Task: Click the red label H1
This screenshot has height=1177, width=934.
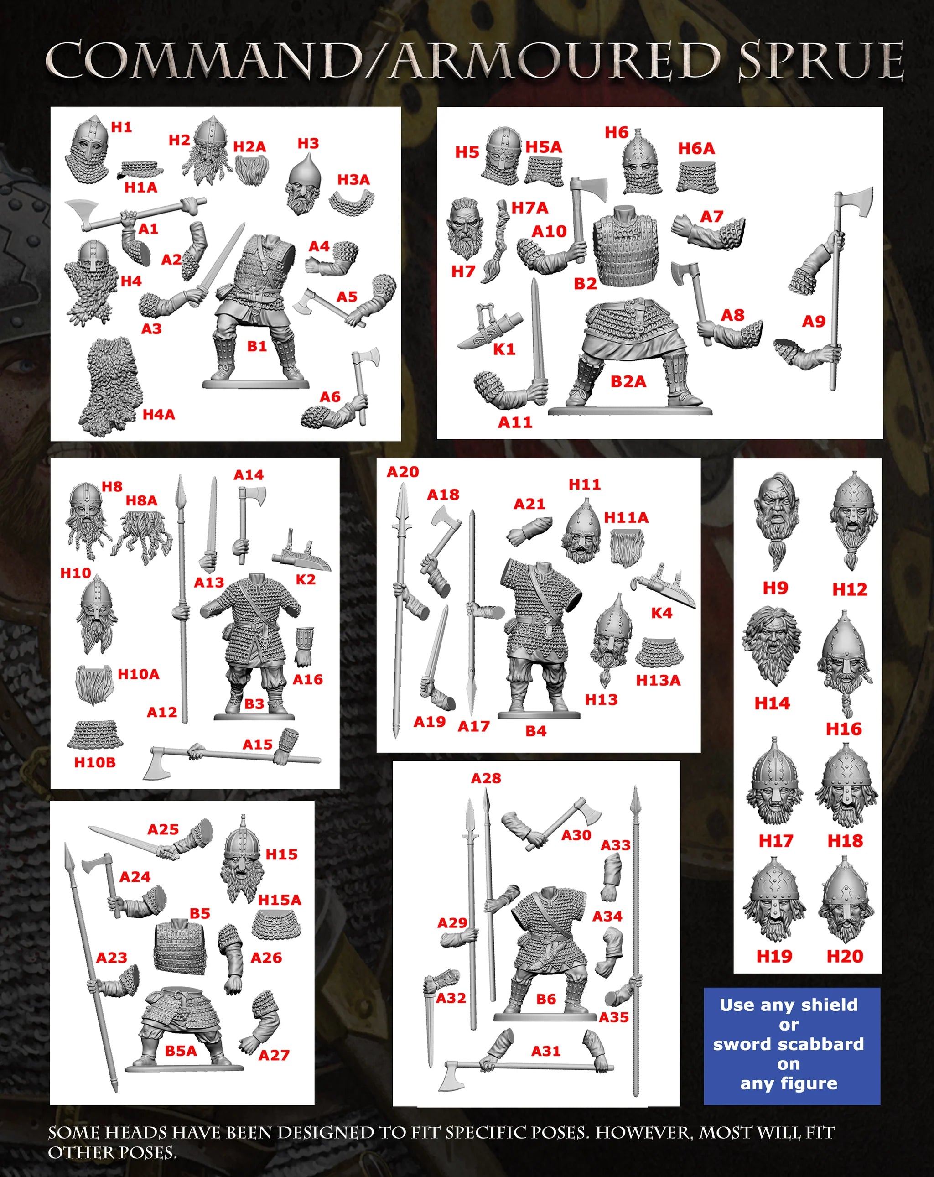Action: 121,127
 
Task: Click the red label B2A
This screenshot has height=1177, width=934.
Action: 628,381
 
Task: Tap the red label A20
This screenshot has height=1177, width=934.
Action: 402,472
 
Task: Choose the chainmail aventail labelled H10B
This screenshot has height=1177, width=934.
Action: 95,734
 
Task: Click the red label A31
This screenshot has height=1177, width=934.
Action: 545,1051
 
